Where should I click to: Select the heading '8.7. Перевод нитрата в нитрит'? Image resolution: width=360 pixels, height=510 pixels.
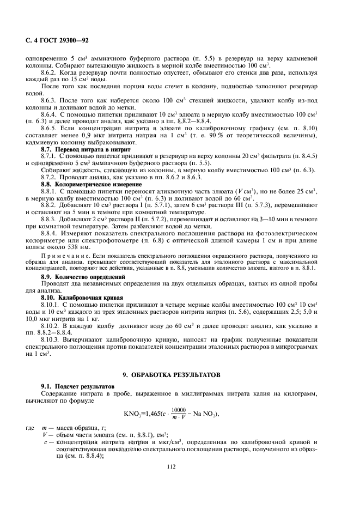click(x=86, y=149)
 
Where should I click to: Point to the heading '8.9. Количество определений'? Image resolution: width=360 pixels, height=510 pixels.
click(x=83, y=277)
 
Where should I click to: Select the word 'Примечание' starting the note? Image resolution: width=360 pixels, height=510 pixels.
click(x=59, y=255)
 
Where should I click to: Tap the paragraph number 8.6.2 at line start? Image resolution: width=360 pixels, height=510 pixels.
click(x=51, y=71)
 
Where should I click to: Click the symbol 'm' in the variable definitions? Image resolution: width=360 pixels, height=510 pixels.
click(x=44, y=430)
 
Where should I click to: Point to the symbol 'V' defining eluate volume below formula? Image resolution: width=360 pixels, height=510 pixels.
click(x=44, y=436)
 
